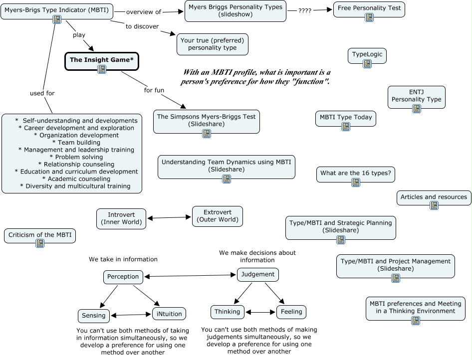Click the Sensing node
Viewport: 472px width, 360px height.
(x=94, y=316)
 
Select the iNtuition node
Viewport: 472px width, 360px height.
(x=169, y=314)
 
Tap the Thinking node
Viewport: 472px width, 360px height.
(x=228, y=312)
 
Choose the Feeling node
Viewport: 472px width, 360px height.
(x=291, y=312)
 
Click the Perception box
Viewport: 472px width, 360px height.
(x=123, y=277)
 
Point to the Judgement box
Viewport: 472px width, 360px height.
(x=257, y=274)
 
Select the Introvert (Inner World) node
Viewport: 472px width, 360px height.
(x=121, y=218)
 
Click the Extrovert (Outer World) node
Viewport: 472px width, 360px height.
(x=218, y=216)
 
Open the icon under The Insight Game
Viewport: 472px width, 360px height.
(x=102, y=69)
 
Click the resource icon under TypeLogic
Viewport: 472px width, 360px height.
(x=367, y=63)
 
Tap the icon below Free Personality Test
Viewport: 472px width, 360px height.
(x=369, y=17)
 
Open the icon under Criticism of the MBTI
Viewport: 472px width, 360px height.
(x=40, y=243)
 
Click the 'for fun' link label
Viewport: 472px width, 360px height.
(x=154, y=90)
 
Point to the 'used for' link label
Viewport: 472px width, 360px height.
(x=42, y=93)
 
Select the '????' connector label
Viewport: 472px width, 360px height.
(x=305, y=10)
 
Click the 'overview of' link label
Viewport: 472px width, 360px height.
(x=144, y=12)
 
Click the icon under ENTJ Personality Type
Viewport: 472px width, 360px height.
(x=417, y=108)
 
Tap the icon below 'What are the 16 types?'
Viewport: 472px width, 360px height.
(x=356, y=182)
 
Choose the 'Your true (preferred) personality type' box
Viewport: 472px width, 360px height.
(x=213, y=44)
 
